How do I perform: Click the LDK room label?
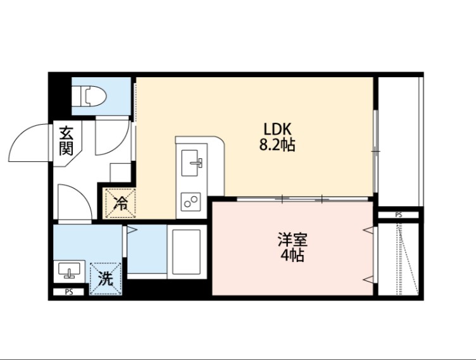pos(277,128)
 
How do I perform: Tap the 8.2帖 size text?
pos(277,145)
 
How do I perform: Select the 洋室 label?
pos(292,240)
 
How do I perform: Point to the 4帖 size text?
pos(292,256)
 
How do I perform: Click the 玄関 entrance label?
pos(66,141)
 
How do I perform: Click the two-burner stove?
pos(191,202)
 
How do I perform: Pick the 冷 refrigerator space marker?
pos(120,204)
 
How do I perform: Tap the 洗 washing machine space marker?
pos(105,279)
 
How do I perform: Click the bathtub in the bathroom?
pos(185,252)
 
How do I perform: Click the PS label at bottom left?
pos(68,292)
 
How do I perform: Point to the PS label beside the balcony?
pos(398,215)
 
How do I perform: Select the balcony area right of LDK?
pos(399,142)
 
